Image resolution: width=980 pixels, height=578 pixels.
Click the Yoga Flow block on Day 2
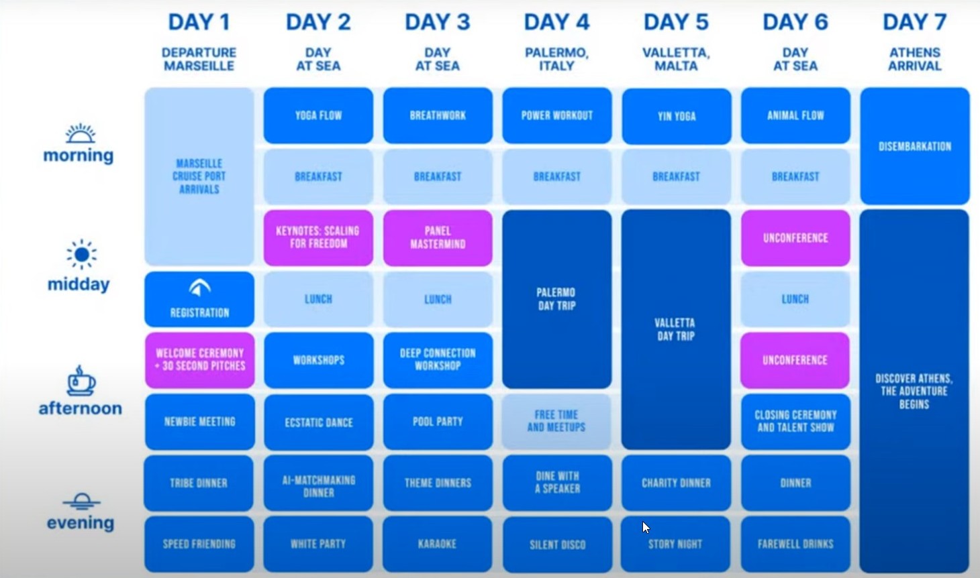pyautogui.click(x=318, y=116)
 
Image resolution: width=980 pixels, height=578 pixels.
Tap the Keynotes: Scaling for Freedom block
pyautogui.click(x=318, y=237)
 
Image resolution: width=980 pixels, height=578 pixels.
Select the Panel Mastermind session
pyautogui.click(x=438, y=237)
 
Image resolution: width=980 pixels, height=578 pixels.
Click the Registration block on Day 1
pyautogui.click(x=199, y=299)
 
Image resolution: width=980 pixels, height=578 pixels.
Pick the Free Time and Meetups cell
pyautogui.click(x=556, y=422)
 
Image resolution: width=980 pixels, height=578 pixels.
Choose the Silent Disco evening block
pyautogui.click(x=557, y=544)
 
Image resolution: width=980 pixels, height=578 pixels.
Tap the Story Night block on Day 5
pyautogui.click(x=675, y=544)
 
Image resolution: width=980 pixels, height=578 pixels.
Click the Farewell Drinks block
pyautogui.click(x=796, y=544)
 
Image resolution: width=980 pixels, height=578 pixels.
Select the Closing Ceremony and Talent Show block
pyautogui.click(x=796, y=422)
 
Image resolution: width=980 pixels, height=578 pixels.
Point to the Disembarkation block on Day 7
pyautogui.click(x=915, y=146)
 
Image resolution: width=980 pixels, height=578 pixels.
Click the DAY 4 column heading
pyautogui.click(x=557, y=22)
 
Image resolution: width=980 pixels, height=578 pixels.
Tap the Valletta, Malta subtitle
pyautogui.click(x=676, y=59)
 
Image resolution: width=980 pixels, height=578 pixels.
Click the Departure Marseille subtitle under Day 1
pyautogui.click(x=199, y=59)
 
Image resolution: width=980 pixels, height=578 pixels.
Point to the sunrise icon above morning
pyautogui.click(x=80, y=133)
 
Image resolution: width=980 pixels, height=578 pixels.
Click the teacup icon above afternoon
pyautogui.click(x=81, y=381)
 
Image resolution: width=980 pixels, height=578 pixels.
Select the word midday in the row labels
pyautogui.click(x=79, y=284)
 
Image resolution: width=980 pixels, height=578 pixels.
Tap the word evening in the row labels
pyautogui.click(x=81, y=522)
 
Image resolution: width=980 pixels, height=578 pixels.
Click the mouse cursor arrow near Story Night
pyautogui.click(x=646, y=527)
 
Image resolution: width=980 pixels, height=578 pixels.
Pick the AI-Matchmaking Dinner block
pyautogui.click(x=318, y=483)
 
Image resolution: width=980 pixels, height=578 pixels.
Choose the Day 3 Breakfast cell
pyautogui.click(x=438, y=177)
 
